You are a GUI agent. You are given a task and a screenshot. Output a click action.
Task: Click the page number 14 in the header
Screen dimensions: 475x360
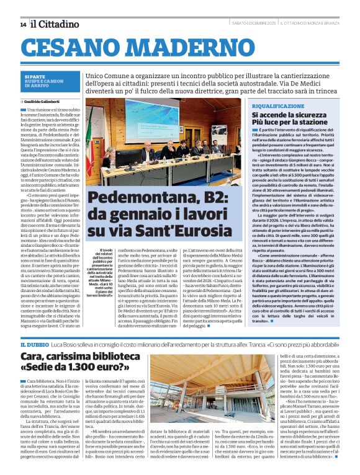coord(23,24)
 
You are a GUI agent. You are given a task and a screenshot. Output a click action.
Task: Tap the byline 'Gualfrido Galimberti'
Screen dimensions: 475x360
coord(45,101)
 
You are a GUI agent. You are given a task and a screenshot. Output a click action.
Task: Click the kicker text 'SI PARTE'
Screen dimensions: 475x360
coord(35,76)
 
